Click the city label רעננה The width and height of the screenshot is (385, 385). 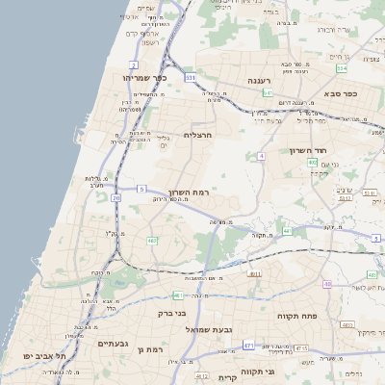point(260,81)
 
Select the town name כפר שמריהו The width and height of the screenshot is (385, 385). point(145,77)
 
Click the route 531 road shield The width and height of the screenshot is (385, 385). point(191,77)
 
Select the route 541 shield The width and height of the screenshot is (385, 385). point(268,92)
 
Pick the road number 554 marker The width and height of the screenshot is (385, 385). point(342,68)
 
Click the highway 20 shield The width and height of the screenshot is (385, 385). point(116,197)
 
